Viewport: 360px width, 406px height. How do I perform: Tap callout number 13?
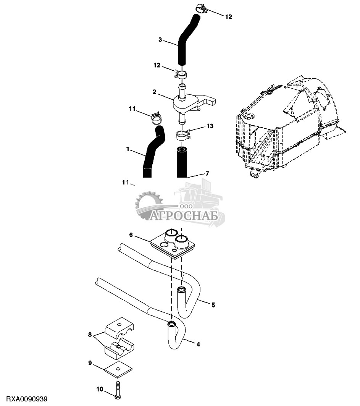click(x=210, y=126)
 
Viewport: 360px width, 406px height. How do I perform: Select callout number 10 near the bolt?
click(x=100, y=389)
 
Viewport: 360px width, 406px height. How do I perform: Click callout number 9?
click(x=90, y=363)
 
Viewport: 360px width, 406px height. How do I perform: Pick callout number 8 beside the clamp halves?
click(x=90, y=335)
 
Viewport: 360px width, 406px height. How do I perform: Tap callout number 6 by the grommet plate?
click(x=131, y=235)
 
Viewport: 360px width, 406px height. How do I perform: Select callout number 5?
click(x=213, y=305)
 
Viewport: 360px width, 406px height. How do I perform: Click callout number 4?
click(x=198, y=345)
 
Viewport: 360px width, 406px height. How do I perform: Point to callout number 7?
click(x=207, y=173)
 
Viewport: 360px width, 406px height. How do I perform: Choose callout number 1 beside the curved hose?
click(x=128, y=149)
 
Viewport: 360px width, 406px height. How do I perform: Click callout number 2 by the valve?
click(x=155, y=92)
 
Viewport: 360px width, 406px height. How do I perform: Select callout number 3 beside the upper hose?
click(x=160, y=40)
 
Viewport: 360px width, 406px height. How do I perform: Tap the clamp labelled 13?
click(x=183, y=135)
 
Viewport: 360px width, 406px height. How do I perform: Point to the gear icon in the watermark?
click(x=148, y=205)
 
